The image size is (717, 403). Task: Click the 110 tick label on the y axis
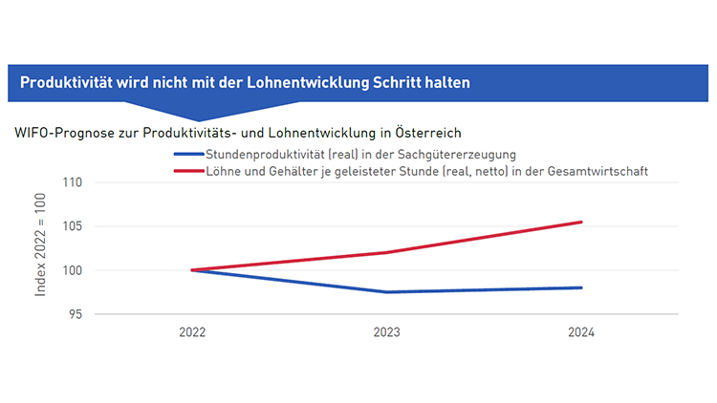pyautogui.click(x=72, y=182)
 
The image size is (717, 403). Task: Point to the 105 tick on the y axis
pyautogui.click(x=72, y=226)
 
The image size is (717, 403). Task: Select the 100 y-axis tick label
pyautogui.click(x=72, y=270)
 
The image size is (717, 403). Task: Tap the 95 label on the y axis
pyautogui.click(x=76, y=314)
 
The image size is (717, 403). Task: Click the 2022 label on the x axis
pyautogui.click(x=192, y=333)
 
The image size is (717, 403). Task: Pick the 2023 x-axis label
pyautogui.click(x=387, y=333)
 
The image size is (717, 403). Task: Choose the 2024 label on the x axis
pyautogui.click(x=581, y=333)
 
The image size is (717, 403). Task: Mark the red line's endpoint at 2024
pyautogui.click(x=581, y=223)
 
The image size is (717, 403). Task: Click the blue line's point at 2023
pyautogui.click(x=387, y=292)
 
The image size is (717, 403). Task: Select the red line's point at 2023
pyautogui.click(x=387, y=252)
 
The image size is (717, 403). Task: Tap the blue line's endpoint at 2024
pyautogui.click(x=581, y=287)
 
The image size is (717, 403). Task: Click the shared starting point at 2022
pyautogui.click(x=192, y=270)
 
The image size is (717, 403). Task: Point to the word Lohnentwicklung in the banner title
pyautogui.click(x=310, y=83)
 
